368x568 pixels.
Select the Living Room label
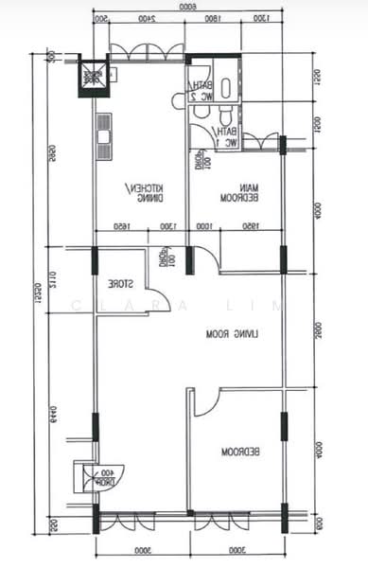[x=236, y=334]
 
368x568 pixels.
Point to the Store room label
[x=118, y=283]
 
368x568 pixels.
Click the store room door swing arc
[x=159, y=297]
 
